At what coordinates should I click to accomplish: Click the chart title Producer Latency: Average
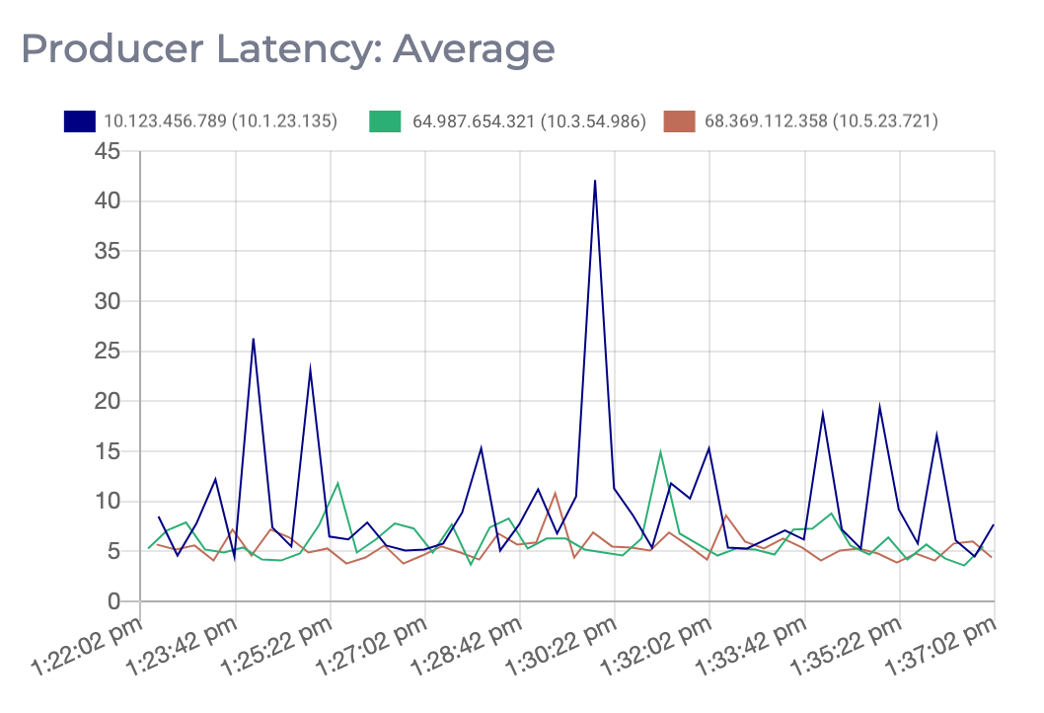point(288,48)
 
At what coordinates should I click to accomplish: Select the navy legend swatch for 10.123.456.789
point(79,121)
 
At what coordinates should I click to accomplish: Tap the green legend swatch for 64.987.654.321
point(384,121)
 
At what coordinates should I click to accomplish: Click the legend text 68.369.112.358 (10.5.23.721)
point(821,121)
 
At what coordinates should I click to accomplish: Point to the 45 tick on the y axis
point(107,151)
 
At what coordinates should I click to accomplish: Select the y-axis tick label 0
point(114,601)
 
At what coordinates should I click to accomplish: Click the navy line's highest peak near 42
point(595,181)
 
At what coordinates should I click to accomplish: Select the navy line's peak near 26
point(254,339)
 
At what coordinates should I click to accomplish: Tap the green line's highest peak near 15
point(660,452)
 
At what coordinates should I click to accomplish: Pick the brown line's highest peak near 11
point(556,493)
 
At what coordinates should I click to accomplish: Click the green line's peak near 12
point(338,483)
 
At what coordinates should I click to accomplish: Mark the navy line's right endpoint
point(994,524)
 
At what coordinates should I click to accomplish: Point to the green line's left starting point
point(149,548)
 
